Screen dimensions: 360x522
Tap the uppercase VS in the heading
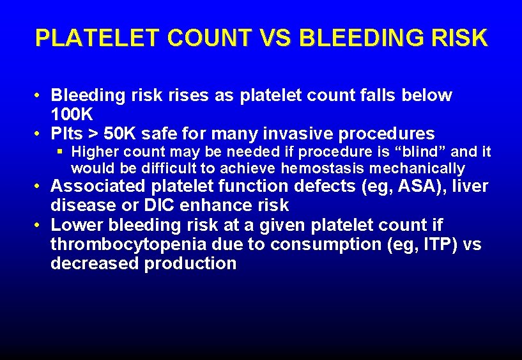[273, 38]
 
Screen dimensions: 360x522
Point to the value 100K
[72, 115]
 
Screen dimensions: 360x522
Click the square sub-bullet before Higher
[61, 152]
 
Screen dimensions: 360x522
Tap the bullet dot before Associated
[39, 187]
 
